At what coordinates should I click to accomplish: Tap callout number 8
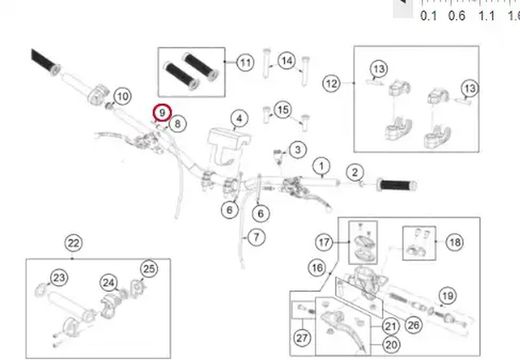point(177,124)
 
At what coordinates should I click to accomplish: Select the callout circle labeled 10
point(122,97)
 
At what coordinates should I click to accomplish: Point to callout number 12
point(331,82)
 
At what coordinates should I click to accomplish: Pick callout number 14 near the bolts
point(287,62)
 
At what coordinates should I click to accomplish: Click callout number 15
point(282,109)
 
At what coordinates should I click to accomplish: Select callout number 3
point(297,150)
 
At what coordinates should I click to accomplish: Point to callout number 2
point(353,172)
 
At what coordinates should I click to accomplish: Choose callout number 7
point(255,238)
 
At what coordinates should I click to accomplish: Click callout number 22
point(73,242)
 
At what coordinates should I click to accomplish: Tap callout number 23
point(59,277)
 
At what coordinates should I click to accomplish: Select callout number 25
point(149,268)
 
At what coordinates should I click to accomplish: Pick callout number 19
point(447,295)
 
